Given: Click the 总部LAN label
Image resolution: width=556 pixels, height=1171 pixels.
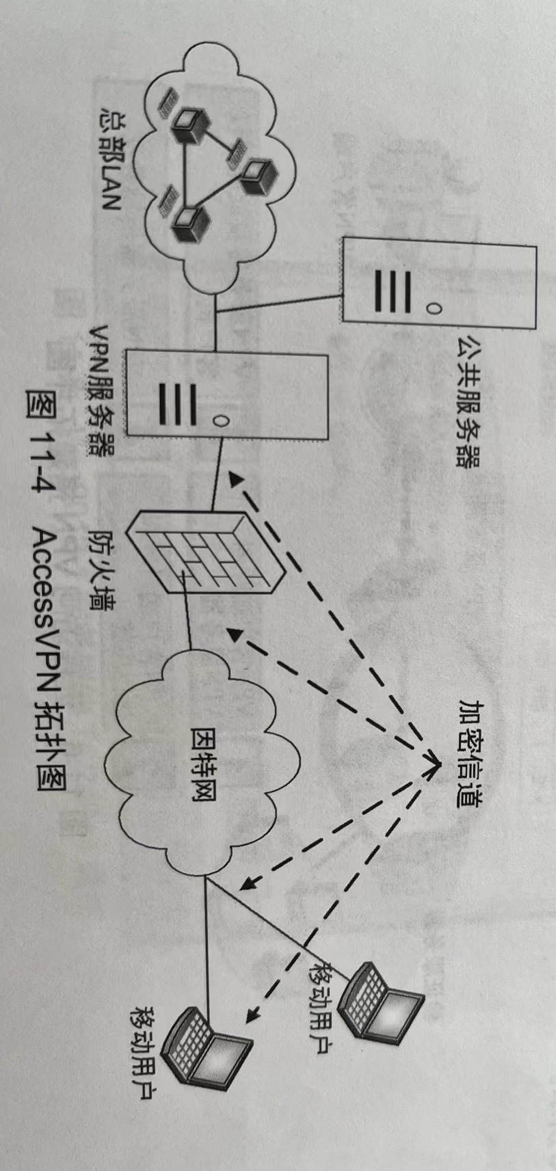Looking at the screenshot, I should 110,157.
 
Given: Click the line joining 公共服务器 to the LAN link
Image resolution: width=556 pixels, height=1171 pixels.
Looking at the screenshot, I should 280,304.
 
